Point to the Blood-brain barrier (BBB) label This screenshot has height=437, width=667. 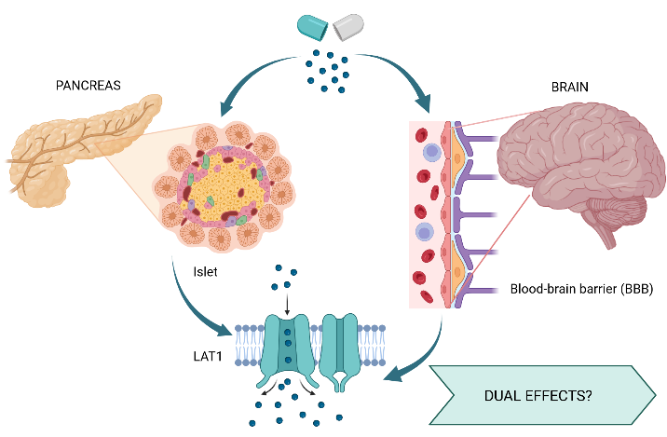tap(581, 290)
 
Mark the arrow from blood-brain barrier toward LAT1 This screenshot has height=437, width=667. tap(419, 359)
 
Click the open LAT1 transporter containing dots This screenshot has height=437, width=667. tap(286, 346)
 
